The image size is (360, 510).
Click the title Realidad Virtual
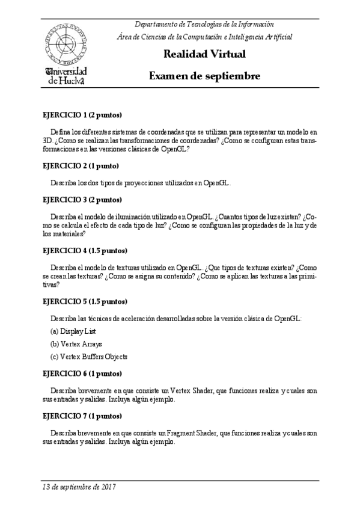[204, 55]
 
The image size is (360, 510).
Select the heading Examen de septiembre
[204, 76]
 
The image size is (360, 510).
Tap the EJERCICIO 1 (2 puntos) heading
[82, 114]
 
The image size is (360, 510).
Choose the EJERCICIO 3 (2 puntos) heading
[82, 199]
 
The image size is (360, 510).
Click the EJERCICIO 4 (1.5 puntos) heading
[85, 250]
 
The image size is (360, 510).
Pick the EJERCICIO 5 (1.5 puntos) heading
[85, 301]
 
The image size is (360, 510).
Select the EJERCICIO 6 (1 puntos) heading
[82, 373]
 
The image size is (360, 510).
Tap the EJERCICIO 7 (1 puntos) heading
[82, 416]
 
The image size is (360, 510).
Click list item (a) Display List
[74, 331]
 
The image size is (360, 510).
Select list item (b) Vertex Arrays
[76, 344]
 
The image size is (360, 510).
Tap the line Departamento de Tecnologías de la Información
[204, 24]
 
